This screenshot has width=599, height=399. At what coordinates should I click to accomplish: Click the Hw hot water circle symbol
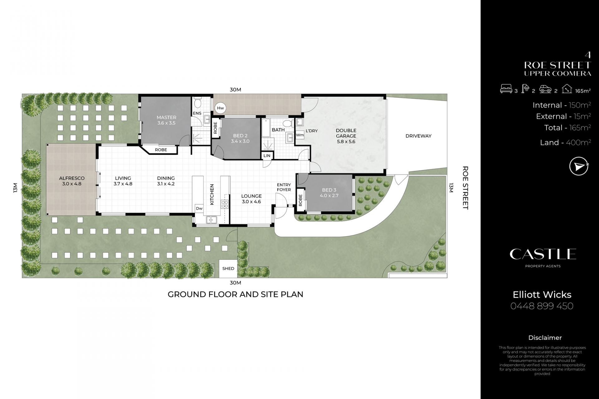pos(221,108)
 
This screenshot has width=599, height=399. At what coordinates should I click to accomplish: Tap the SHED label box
pos(228,268)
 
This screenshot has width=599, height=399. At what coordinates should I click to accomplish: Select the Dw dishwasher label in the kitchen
pos(199,208)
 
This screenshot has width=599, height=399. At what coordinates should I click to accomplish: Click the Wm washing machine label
pos(299,135)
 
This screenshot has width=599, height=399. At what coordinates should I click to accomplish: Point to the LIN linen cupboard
pos(267,156)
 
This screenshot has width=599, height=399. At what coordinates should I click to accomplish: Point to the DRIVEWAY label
pos(418,136)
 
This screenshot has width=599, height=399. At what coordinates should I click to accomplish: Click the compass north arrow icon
pos(579,166)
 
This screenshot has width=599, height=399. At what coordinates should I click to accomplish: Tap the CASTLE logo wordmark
pos(543,254)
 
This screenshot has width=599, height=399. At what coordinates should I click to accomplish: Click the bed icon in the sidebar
pos(506,89)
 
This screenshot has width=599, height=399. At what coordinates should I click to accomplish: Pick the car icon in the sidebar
pos(545,90)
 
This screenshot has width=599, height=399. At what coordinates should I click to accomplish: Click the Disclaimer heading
pos(545,338)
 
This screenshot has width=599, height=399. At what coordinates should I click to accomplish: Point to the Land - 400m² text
pos(565,143)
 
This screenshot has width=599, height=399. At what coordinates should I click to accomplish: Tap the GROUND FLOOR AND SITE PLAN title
pos(236,294)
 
